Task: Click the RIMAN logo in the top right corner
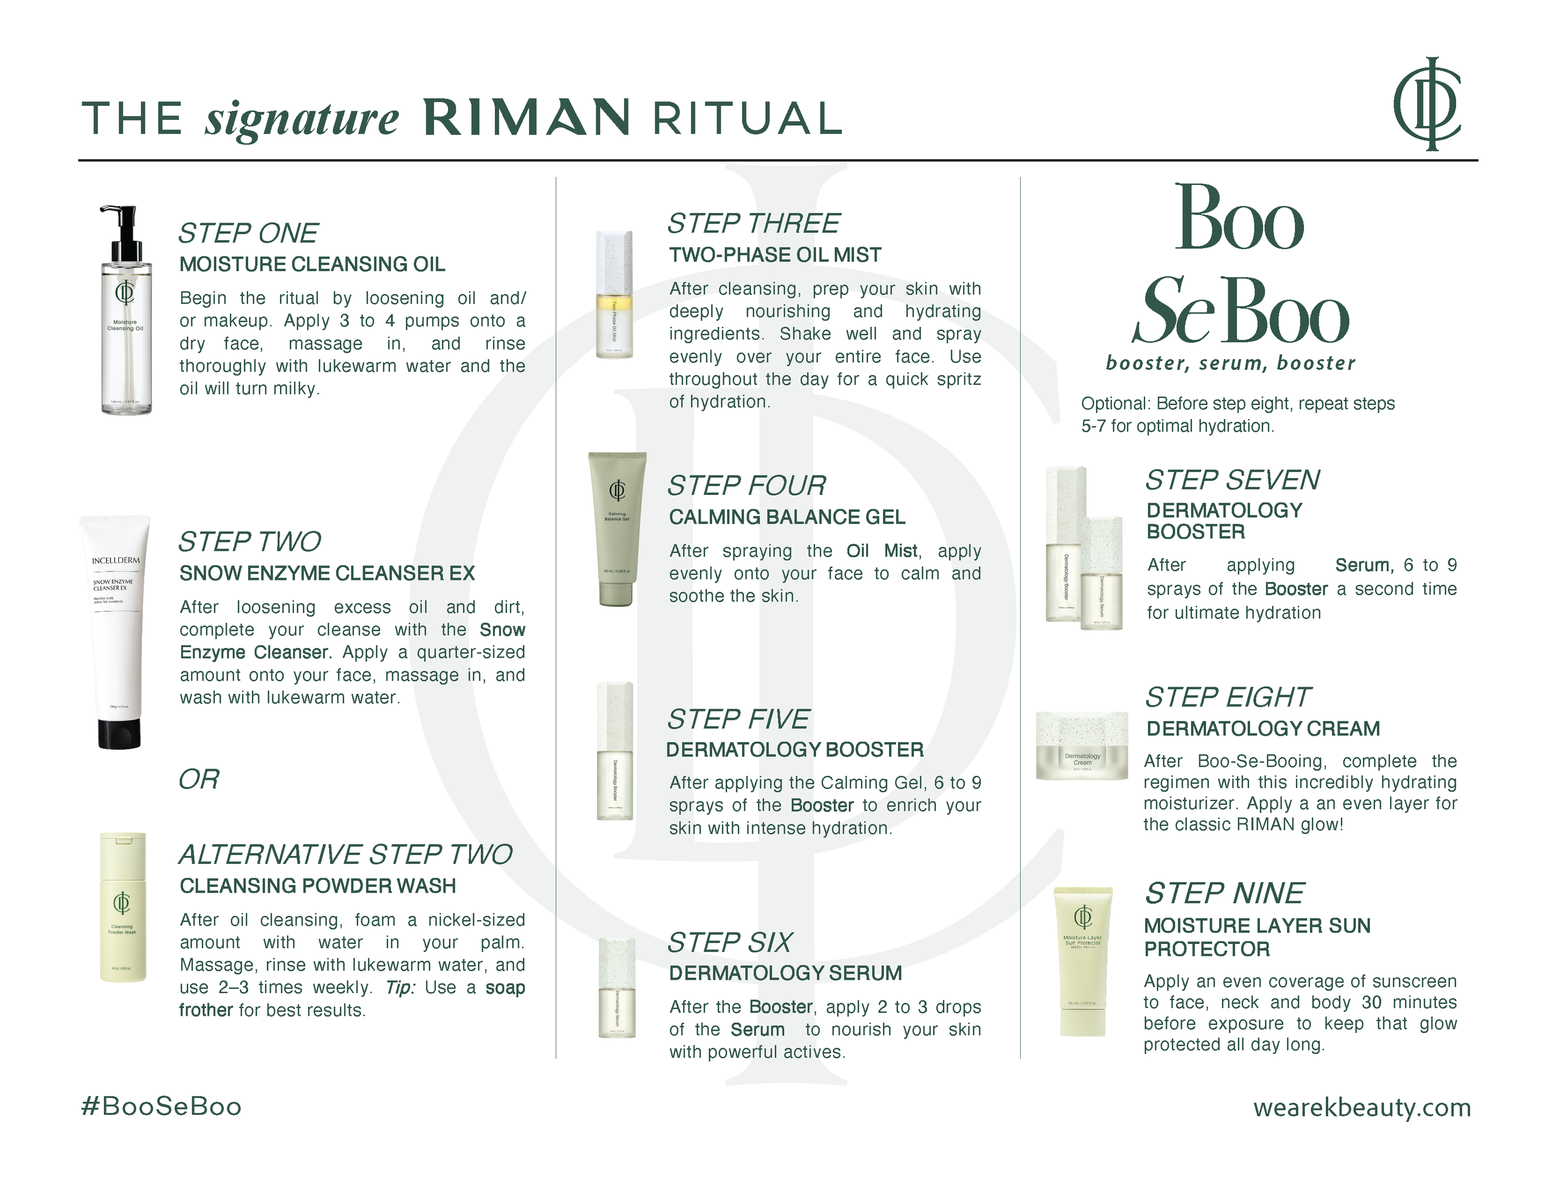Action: [x=1426, y=103]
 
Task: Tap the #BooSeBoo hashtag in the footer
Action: [x=161, y=1106]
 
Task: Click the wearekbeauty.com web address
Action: [x=1362, y=1107]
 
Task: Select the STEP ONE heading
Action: [x=248, y=233]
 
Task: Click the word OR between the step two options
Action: [x=199, y=779]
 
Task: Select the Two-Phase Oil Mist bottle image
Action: [x=614, y=294]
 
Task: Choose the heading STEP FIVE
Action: [x=739, y=718]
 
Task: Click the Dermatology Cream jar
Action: [x=1081, y=746]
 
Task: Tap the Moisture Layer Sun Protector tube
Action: [x=1082, y=961]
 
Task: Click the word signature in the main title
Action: [x=302, y=119]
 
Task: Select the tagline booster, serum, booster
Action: [x=1230, y=363]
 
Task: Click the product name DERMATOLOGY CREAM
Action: [x=1263, y=729]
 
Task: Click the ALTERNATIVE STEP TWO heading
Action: [x=345, y=855]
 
